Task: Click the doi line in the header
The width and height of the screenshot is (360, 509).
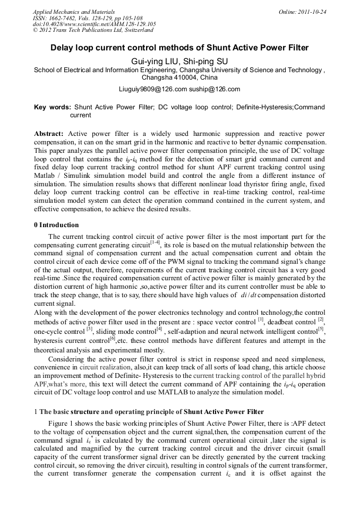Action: tap(94, 24)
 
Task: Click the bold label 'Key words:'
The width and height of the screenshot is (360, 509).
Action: tap(53, 107)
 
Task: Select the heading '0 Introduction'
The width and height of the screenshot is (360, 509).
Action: tap(56, 225)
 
